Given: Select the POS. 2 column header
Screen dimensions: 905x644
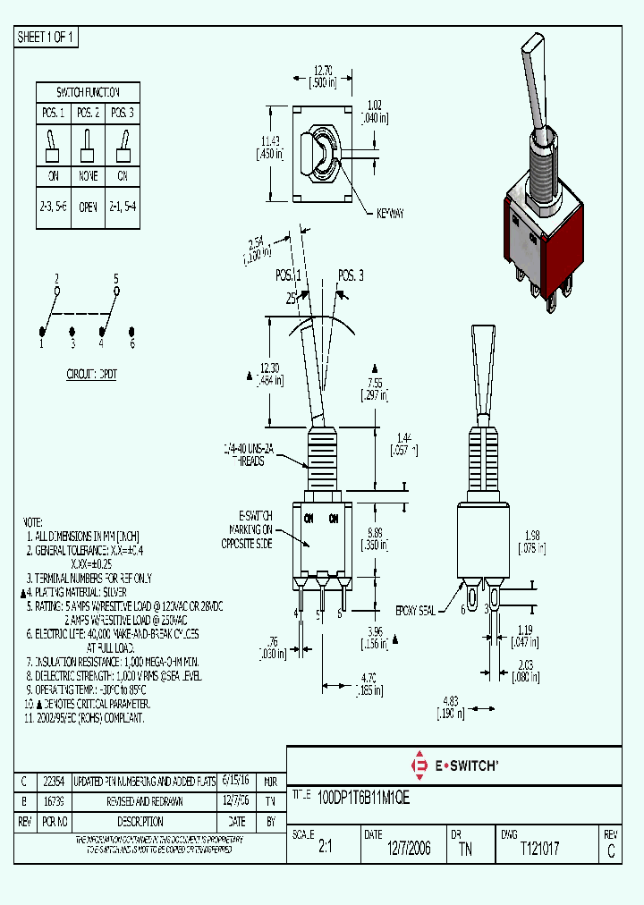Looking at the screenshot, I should (87, 114).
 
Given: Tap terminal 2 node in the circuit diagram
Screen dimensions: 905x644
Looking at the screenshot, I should (56, 290).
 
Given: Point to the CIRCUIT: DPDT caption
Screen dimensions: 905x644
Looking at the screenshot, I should (92, 375).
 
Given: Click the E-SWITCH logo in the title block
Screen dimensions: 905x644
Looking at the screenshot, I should (453, 765).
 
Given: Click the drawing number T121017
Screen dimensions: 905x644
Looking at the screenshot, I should (539, 849).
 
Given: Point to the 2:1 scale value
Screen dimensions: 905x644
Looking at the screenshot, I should (326, 849).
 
